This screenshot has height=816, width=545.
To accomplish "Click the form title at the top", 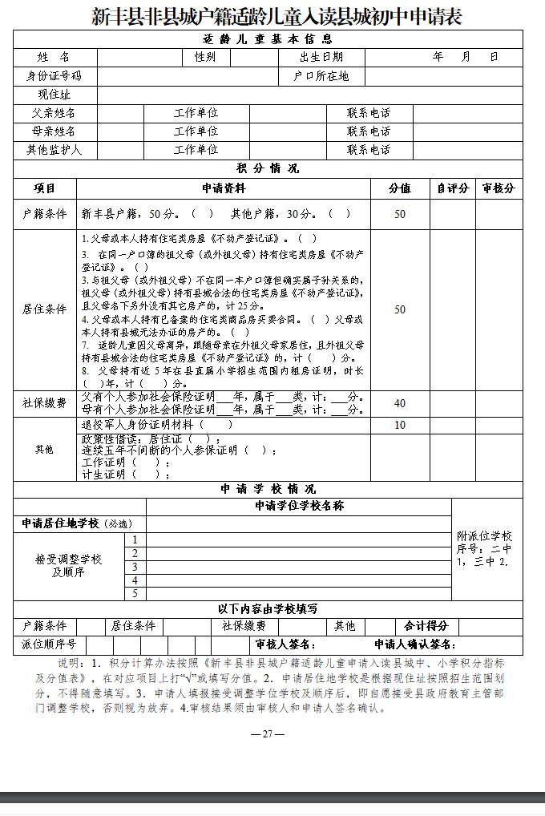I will click(x=272, y=16).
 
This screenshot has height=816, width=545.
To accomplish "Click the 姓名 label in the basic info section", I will click(x=54, y=57).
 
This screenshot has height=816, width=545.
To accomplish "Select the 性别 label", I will click(x=204, y=57).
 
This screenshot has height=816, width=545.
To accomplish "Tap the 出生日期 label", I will click(x=321, y=57).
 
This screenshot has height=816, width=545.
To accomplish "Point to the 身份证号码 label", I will click(x=54, y=76).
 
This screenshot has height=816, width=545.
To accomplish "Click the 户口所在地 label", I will click(x=321, y=76).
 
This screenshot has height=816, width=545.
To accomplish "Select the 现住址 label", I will click(x=54, y=95).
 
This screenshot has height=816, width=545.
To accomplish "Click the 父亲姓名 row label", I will click(x=54, y=113).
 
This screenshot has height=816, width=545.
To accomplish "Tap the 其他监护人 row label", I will click(x=54, y=150).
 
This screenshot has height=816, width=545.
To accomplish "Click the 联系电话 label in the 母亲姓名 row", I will click(x=369, y=131).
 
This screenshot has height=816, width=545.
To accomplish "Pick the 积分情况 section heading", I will click(x=267, y=168).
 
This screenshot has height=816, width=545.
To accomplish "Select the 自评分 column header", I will click(x=452, y=188).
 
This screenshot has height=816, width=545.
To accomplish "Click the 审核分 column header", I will click(x=499, y=188).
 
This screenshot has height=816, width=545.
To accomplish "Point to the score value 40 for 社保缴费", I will click(x=399, y=404).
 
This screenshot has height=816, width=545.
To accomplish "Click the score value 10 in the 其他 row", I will click(x=399, y=425).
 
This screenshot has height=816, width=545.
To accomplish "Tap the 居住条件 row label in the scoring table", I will click(x=45, y=309).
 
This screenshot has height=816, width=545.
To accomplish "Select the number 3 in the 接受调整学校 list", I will click(x=135, y=567).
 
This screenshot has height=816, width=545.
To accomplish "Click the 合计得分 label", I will click(x=426, y=626).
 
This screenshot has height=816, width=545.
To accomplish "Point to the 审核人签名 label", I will click(x=285, y=644).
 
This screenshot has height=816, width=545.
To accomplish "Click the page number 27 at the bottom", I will click(x=268, y=734).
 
